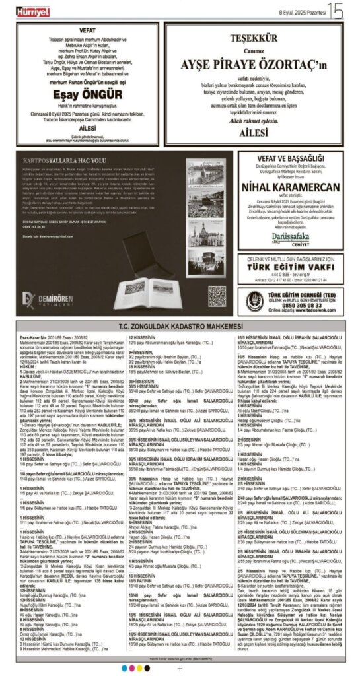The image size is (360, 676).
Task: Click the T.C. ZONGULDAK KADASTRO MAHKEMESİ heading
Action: click(180, 328)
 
